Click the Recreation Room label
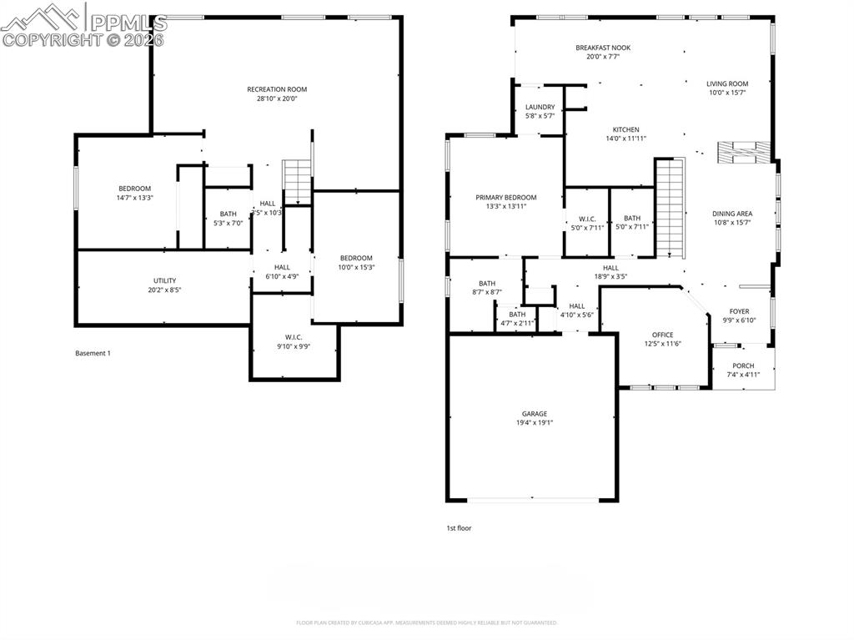click(x=277, y=89)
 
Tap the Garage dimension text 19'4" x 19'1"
click(x=535, y=423)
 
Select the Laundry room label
click(x=540, y=107)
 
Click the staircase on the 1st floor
click(x=669, y=209)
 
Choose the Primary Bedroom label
click(x=505, y=198)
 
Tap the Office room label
click(x=662, y=335)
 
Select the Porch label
click(x=743, y=365)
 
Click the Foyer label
click(x=739, y=311)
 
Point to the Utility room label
click(x=164, y=280)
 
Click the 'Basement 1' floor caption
click(x=93, y=353)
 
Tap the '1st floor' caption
click(x=459, y=527)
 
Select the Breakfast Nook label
click(x=602, y=48)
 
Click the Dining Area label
click(x=732, y=214)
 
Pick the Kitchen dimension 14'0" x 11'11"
click(x=625, y=139)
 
